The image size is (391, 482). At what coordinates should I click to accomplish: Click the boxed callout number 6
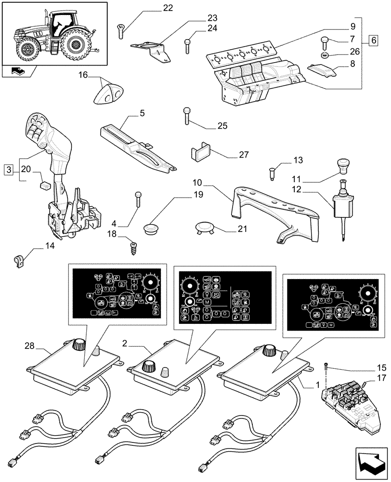[374, 40]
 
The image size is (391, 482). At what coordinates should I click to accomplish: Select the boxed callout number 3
[8, 169]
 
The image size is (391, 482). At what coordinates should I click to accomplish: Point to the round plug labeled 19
[153, 227]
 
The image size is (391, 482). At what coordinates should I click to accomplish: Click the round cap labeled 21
[204, 227]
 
